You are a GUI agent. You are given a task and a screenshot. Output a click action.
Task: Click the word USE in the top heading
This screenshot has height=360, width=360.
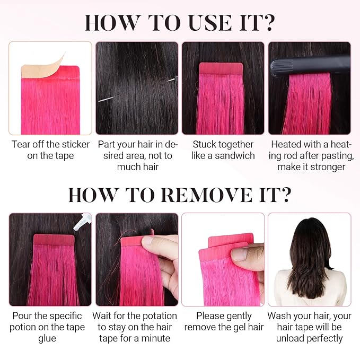[x=210, y=22]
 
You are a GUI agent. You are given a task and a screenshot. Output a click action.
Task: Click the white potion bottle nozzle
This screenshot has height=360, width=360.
[x=82, y=221]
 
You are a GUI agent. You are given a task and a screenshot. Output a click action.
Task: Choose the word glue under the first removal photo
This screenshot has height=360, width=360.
[x=47, y=339]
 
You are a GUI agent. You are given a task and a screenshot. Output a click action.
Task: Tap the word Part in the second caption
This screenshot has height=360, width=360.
[x=106, y=144]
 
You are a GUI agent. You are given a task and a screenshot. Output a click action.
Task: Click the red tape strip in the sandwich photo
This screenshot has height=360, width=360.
[x=221, y=68]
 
